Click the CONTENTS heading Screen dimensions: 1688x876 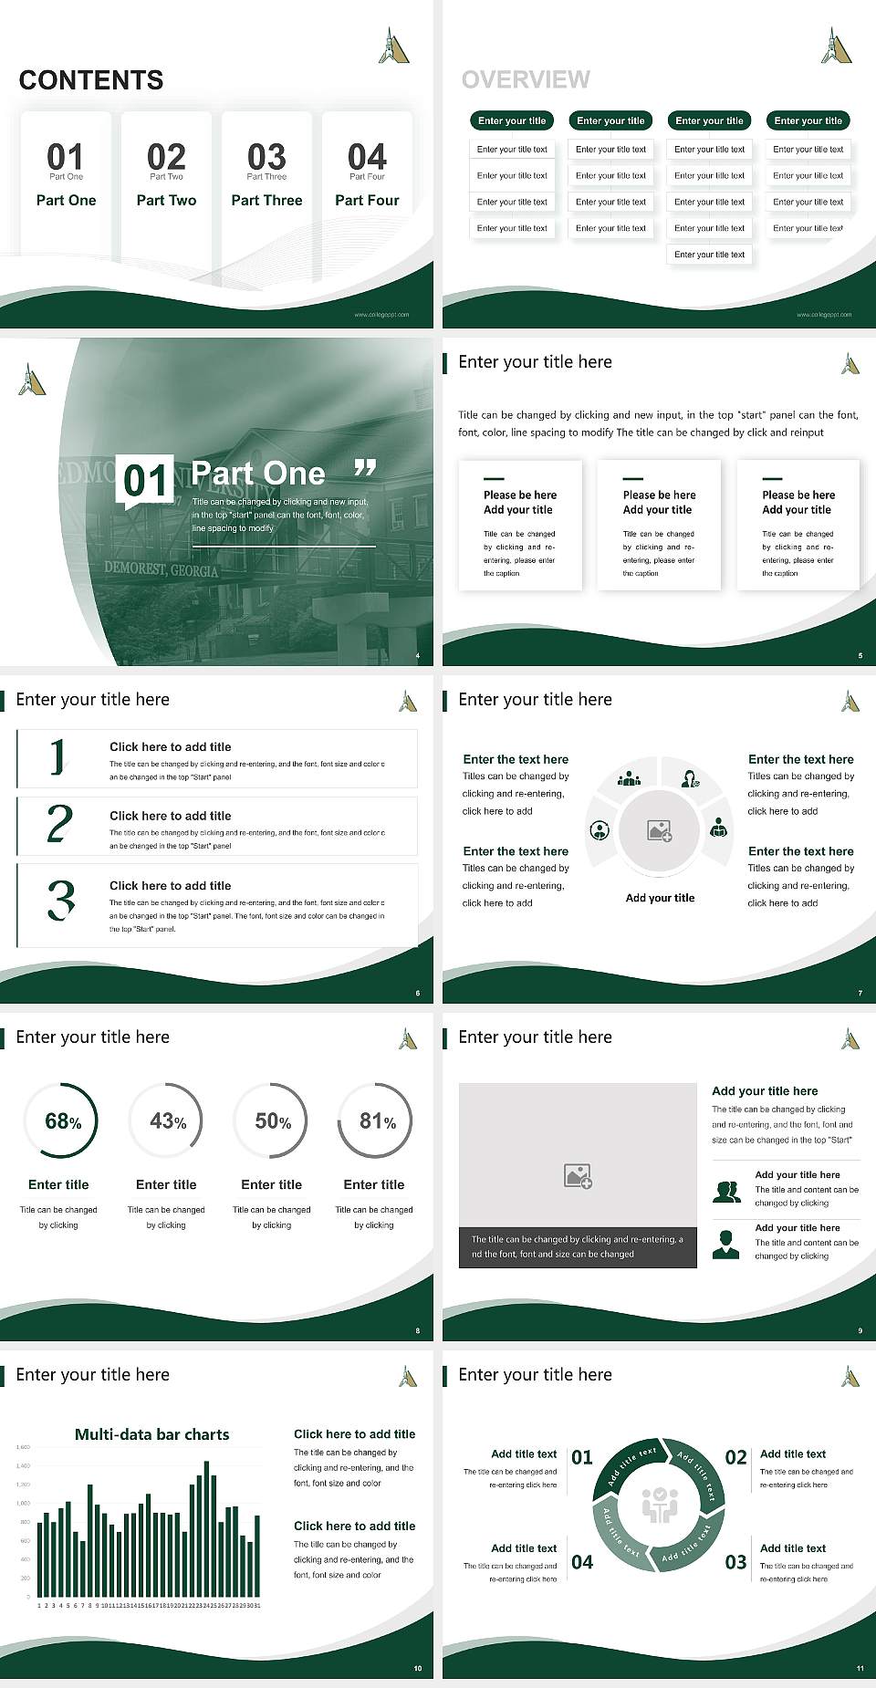point(91,80)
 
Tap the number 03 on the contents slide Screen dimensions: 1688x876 point(266,157)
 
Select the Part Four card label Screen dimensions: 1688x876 point(367,200)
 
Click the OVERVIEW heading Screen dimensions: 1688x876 point(526,79)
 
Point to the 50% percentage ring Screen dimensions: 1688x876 point(272,1120)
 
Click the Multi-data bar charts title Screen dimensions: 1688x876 point(152,1434)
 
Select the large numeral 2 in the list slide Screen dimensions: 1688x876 point(59,824)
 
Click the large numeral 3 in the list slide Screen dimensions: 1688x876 point(61,901)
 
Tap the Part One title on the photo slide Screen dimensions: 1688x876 point(258,474)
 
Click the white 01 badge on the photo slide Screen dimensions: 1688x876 point(146,480)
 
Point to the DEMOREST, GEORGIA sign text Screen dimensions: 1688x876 point(161,569)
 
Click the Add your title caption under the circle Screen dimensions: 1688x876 point(660,898)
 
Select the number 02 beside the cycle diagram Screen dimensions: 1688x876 point(735,1457)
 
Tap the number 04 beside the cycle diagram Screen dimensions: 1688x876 point(582,1562)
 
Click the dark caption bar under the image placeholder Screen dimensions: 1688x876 point(577,1246)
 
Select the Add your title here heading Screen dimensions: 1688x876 point(765,1090)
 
